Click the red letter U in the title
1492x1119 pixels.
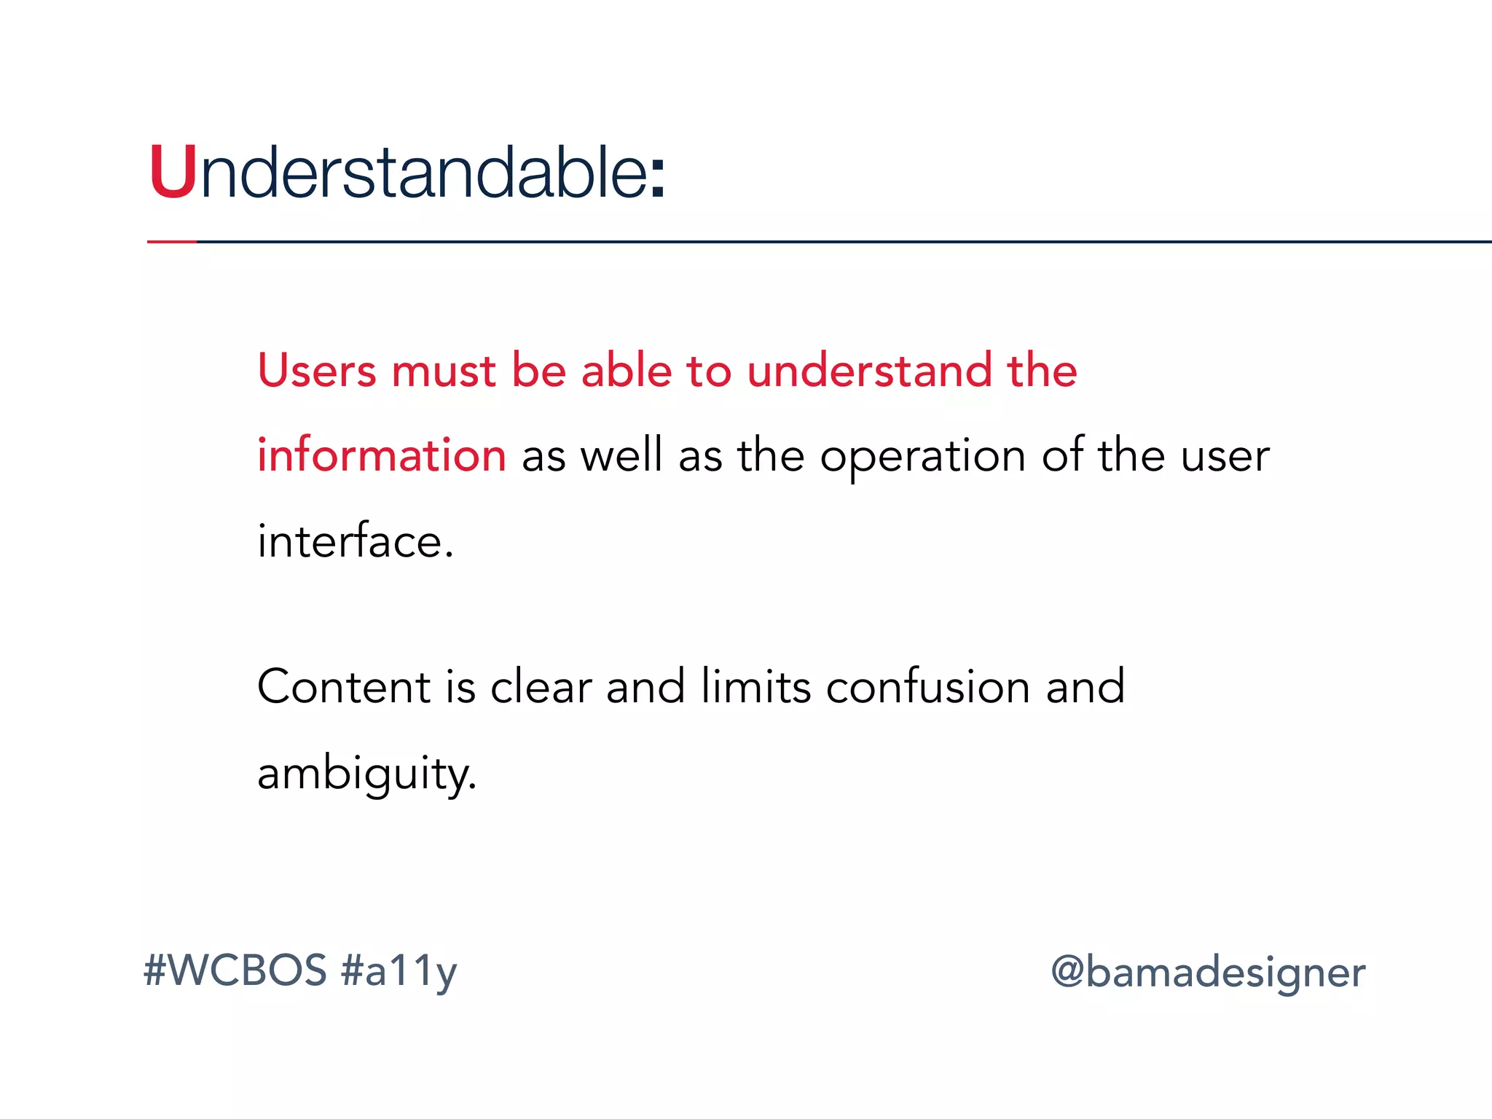pos(173,173)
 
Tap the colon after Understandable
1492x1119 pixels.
pos(657,178)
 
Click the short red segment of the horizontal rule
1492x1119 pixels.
pos(172,241)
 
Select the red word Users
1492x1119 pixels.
pos(317,370)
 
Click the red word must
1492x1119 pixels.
pos(444,372)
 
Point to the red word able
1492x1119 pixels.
pos(626,370)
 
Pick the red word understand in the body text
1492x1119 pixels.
pos(869,370)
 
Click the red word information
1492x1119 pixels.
pos(382,455)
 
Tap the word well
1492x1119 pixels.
pos(621,455)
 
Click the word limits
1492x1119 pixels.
pos(755,687)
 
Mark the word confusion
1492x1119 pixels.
pos(928,687)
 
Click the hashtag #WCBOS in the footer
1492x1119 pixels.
pos(235,971)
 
